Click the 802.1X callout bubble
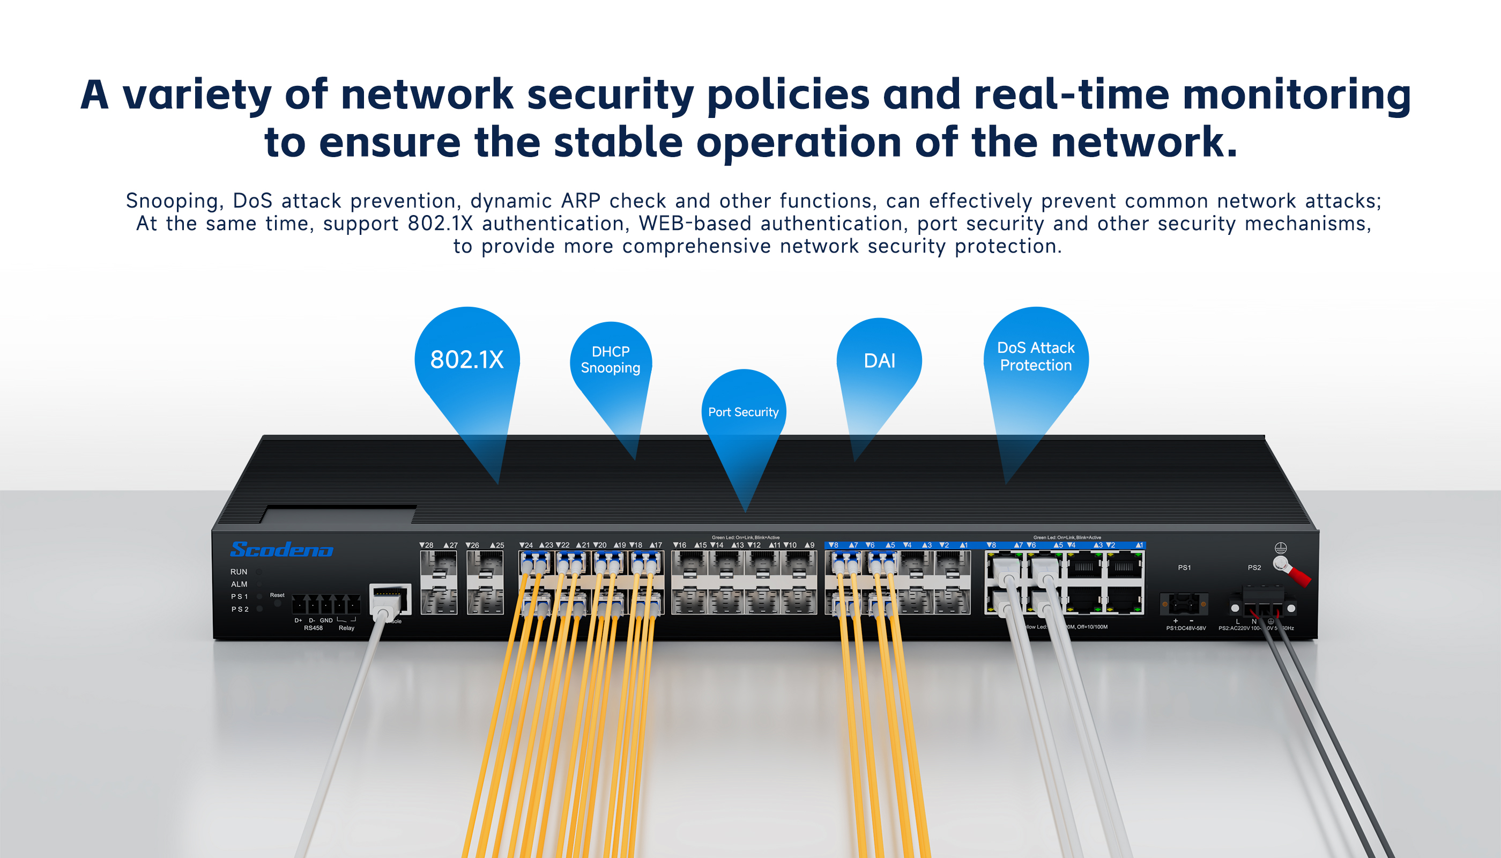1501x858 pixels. coord(466,359)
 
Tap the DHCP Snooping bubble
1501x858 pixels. coord(610,359)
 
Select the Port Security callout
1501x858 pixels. coord(743,412)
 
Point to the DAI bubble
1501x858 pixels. coord(879,361)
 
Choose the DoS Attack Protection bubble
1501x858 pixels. coord(1036,357)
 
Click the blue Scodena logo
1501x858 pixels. coord(281,550)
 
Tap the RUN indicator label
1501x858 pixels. coord(239,572)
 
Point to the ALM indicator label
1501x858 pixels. coord(239,584)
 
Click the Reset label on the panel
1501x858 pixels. coord(277,595)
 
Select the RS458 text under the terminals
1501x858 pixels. coord(314,628)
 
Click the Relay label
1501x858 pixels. coord(346,628)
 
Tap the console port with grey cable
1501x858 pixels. coord(389,600)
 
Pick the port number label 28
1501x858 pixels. coord(427,545)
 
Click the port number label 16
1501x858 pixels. coord(680,545)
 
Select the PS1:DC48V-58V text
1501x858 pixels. coord(1186,628)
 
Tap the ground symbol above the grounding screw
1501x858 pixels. coord(1280,548)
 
